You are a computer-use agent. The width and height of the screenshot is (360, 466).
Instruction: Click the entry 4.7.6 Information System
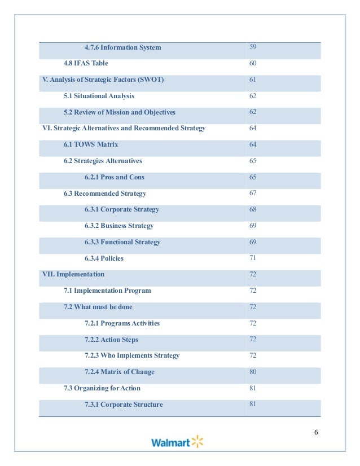122,47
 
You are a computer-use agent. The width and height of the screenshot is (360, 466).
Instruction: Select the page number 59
253,47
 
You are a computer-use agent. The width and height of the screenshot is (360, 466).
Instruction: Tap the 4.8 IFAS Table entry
86,64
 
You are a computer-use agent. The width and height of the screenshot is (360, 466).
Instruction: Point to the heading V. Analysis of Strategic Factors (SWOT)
103,80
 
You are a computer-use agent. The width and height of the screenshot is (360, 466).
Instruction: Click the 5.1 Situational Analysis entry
99,96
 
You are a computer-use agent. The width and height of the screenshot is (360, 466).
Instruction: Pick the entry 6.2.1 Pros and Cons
115,177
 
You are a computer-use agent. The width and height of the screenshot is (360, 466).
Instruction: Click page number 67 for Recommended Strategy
253,193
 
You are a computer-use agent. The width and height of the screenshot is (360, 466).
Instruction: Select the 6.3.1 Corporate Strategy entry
122,209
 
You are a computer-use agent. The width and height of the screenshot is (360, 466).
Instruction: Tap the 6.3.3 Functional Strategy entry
122,242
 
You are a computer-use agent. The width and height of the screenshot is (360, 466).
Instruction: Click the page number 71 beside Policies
253,258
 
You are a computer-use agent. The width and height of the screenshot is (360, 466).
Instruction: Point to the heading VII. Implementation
73,274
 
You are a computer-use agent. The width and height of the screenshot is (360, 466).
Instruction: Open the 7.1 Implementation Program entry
107,291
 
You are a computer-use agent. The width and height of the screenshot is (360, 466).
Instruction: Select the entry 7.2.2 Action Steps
111,340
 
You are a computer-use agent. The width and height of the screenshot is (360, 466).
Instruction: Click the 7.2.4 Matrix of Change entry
120,372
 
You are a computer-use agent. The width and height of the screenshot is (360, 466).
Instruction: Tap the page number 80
253,372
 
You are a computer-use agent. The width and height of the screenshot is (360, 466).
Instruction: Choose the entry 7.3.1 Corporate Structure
124,405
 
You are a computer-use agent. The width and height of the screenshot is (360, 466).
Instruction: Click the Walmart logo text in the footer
170,443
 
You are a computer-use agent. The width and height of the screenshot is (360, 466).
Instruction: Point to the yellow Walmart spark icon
197,441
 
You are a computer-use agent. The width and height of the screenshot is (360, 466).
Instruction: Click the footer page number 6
316,432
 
